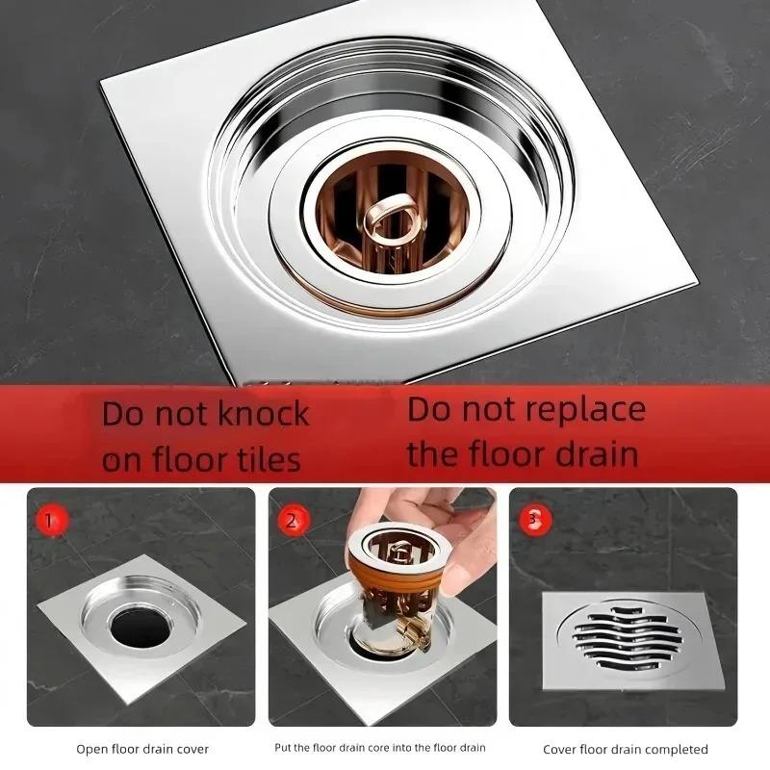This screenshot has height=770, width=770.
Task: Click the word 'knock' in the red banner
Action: (261, 415)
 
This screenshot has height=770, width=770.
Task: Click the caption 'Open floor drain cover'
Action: (142, 748)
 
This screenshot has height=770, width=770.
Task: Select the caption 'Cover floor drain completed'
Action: (625, 749)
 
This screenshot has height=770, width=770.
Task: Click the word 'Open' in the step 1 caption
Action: (91, 748)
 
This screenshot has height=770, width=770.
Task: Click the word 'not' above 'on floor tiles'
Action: (179, 415)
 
